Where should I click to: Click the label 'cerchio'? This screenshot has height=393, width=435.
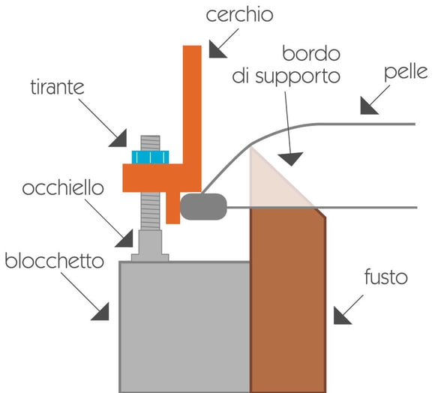[x=239, y=15]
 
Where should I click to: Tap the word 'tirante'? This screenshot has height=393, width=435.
[x=58, y=87]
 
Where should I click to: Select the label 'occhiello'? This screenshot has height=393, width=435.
[x=63, y=187]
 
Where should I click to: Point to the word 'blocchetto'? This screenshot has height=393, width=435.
[x=54, y=261]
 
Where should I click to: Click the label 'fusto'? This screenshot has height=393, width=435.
[x=386, y=277]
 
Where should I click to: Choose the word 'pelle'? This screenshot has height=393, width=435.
[x=406, y=73]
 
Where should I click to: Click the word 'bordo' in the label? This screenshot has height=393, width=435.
[x=311, y=53]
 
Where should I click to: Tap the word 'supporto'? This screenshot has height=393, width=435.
[x=298, y=76]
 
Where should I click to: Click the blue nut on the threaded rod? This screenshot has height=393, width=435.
[x=150, y=157]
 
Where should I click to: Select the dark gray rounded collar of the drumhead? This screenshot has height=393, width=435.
[x=203, y=206]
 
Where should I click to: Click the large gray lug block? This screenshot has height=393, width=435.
[x=184, y=327]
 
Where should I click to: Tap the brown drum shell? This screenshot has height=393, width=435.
[x=288, y=300]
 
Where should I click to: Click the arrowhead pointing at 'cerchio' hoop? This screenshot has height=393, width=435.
[x=216, y=51]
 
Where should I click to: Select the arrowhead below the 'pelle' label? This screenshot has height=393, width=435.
[x=367, y=107]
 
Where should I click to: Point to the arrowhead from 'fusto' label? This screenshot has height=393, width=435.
[x=340, y=317]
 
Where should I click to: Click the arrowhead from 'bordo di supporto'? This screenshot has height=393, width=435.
[x=290, y=158]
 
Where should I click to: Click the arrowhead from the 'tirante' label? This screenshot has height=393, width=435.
[x=119, y=139]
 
